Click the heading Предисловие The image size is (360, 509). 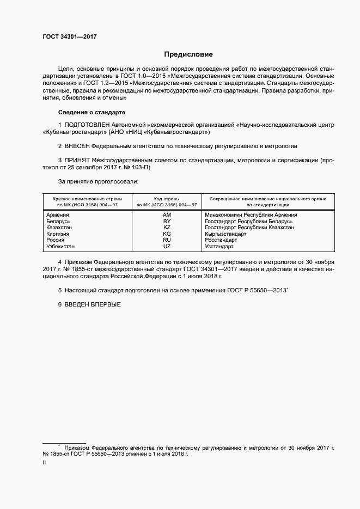click(x=188, y=54)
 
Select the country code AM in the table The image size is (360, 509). click(x=167, y=216)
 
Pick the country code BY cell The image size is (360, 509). click(x=167, y=222)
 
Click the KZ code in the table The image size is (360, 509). click(x=167, y=228)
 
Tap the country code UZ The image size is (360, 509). click(x=167, y=246)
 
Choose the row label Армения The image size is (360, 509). click(x=58, y=216)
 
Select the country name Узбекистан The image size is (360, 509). click(x=62, y=246)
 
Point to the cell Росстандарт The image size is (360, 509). click(x=221, y=240)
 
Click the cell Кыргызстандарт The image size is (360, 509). click(x=225, y=234)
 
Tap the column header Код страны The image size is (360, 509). click(x=167, y=199)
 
